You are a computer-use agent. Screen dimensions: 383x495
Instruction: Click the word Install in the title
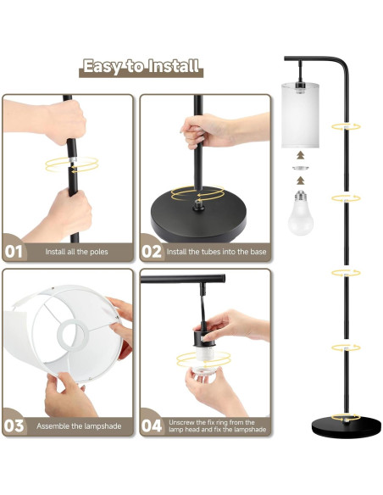click(174, 66)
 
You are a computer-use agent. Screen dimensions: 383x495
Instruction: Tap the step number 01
click(14, 252)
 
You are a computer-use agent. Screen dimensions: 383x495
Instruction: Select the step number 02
click(152, 252)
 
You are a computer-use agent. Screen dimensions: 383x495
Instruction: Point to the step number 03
click(14, 425)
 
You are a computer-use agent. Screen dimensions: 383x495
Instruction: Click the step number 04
click(152, 425)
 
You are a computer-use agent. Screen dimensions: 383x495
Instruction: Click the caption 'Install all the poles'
click(76, 252)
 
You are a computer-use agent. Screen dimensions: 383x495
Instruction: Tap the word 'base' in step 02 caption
click(258, 252)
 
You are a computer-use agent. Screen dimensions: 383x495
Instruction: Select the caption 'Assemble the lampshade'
click(79, 426)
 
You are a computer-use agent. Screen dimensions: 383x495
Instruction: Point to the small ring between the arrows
click(300, 168)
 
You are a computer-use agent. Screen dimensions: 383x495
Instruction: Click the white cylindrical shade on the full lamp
click(300, 115)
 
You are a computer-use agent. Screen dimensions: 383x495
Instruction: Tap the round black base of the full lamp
click(346, 427)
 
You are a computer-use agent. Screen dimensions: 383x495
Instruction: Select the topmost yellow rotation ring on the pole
click(346, 127)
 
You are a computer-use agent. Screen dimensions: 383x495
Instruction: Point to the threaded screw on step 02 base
click(198, 204)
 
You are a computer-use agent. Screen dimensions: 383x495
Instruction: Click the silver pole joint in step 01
click(73, 159)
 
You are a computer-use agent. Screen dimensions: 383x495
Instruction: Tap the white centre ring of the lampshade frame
click(73, 336)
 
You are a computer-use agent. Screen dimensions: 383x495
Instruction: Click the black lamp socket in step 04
click(204, 336)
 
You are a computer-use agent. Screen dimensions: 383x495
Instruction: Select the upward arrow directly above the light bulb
click(300, 181)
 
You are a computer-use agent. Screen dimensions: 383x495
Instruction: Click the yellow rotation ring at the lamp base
click(346, 417)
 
